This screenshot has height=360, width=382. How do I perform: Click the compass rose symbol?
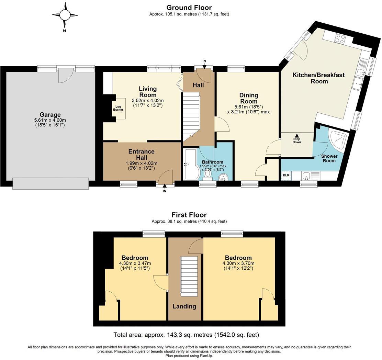click(x=65, y=15)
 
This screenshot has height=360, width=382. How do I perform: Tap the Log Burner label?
click(x=118, y=108)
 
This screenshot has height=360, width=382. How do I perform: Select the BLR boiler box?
click(x=286, y=176)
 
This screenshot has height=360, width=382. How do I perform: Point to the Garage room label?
click(x=50, y=114)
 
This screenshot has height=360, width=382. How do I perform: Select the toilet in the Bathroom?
click(x=208, y=174)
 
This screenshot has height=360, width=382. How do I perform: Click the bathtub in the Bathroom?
click(x=190, y=164)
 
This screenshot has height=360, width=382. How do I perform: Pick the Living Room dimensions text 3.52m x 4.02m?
click(x=148, y=100)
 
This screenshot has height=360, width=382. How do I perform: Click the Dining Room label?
click(x=249, y=98)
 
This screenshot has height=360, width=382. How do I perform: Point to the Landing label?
click(x=184, y=306)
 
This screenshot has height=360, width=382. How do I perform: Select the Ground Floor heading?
click(x=189, y=8)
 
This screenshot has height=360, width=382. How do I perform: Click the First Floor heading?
click(x=189, y=215)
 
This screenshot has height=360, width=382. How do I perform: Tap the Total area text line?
click(x=187, y=335)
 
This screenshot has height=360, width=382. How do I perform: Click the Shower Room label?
click(x=329, y=158)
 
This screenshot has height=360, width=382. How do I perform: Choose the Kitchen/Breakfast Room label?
click(x=319, y=78)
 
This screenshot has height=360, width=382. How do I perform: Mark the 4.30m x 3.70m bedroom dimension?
click(x=238, y=263)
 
